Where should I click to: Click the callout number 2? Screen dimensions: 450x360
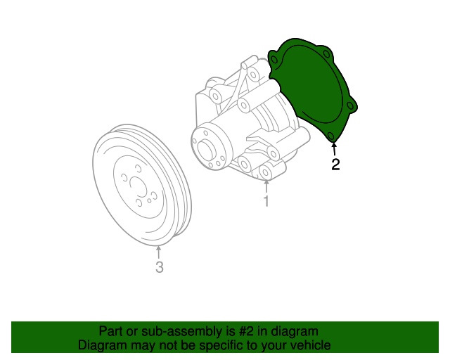point(335,165)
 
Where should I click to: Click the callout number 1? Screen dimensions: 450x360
point(266,201)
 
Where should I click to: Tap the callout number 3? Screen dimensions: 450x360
point(160,267)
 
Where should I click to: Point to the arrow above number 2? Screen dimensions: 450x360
point(334,149)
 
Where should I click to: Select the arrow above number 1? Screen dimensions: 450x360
point(266,186)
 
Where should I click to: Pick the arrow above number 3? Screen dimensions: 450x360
point(158,252)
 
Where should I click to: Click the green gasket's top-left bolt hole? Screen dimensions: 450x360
point(274,60)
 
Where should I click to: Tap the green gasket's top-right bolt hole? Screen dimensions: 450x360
point(326,53)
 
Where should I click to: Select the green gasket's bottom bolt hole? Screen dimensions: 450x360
point(330,136)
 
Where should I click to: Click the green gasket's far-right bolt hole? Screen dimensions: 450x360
point(350,105)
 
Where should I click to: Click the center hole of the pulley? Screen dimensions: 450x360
point(138,186)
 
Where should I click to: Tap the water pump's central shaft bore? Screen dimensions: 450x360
point(206,150)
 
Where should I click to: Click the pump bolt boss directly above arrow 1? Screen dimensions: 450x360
point(266,172)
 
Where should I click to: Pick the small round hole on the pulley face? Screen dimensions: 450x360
point(149,200)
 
